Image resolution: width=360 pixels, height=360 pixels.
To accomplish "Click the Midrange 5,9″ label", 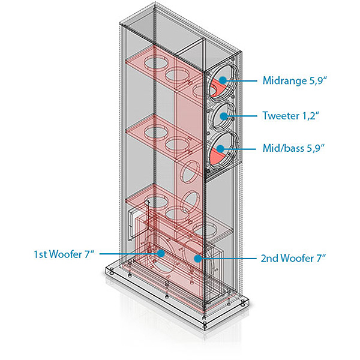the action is (295, 80).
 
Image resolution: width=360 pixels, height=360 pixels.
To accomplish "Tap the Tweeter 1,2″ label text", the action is (291, 115).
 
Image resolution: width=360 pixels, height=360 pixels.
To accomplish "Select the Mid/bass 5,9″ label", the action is (293, 148).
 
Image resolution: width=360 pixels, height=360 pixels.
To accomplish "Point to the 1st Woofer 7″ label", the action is (64, 254).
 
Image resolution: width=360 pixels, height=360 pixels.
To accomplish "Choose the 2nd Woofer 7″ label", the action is (293, 258).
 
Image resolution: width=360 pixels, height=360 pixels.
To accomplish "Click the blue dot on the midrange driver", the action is (223, 80).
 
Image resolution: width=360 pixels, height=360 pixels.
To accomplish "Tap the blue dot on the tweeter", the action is (224, 116).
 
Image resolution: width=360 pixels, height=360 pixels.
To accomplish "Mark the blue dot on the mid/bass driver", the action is (220, 149).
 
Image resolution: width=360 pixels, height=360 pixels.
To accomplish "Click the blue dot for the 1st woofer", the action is (161, 253).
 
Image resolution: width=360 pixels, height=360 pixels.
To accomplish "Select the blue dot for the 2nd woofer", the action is (197, 259).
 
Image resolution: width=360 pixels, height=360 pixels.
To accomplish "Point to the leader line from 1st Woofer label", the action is (128, 254).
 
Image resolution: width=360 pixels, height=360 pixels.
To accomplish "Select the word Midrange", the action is (284, 80).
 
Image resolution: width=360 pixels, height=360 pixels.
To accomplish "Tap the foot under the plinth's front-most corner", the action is (205, 326).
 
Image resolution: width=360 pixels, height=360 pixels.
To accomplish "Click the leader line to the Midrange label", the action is (242, 80).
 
